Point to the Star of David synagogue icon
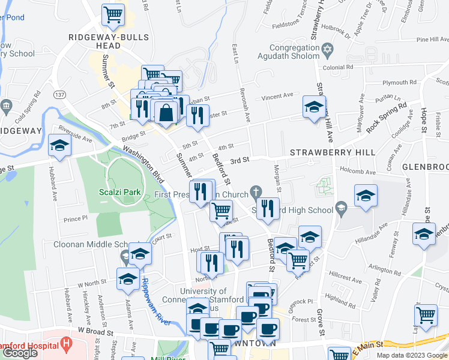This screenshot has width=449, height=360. [x=327, y=48]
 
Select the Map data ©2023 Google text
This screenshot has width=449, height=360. [x=411, y=355]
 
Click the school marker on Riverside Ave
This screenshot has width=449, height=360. [x=59, y=145]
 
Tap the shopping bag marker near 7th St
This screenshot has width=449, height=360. [x=166, y=112]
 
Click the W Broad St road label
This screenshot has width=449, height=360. [x=95, y=331]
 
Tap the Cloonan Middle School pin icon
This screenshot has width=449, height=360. [x=124, y=257]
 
